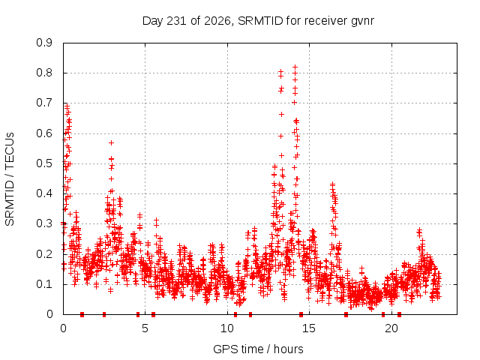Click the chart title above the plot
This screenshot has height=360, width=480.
(x=258, y=21)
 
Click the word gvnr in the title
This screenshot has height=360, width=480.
(x=362, y=22)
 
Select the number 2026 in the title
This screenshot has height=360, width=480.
(x=217, y=21)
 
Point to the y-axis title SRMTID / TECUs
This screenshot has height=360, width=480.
(x=10, y=179)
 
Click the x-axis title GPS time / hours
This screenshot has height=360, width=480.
(x=258, y=349)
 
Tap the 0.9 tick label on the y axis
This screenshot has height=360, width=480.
(x=44, y=43)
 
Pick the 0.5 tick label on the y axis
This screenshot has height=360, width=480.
(x=44, y=163)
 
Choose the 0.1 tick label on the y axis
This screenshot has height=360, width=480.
(x=44, y=284)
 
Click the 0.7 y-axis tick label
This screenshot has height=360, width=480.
(x=44, y=103)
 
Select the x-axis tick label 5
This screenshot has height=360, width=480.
(x=145, y=328)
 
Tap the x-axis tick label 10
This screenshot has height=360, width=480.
(x=227, y=328)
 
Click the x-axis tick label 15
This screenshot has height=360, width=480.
(x=309, y=328)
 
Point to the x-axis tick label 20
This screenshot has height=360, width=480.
(x=391, y=328)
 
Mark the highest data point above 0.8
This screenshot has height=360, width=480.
(x=295, y=67)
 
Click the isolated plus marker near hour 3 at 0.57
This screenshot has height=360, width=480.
(x=112, y=142)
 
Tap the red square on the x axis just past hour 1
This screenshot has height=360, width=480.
(x=82, y=314)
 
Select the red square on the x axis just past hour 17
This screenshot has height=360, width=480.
(x=346, y=314)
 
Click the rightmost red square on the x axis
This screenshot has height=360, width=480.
(x=399, y=314)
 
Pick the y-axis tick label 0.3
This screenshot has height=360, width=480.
(x=44, y=223)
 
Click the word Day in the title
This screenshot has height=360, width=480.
(x=153, y=21)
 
